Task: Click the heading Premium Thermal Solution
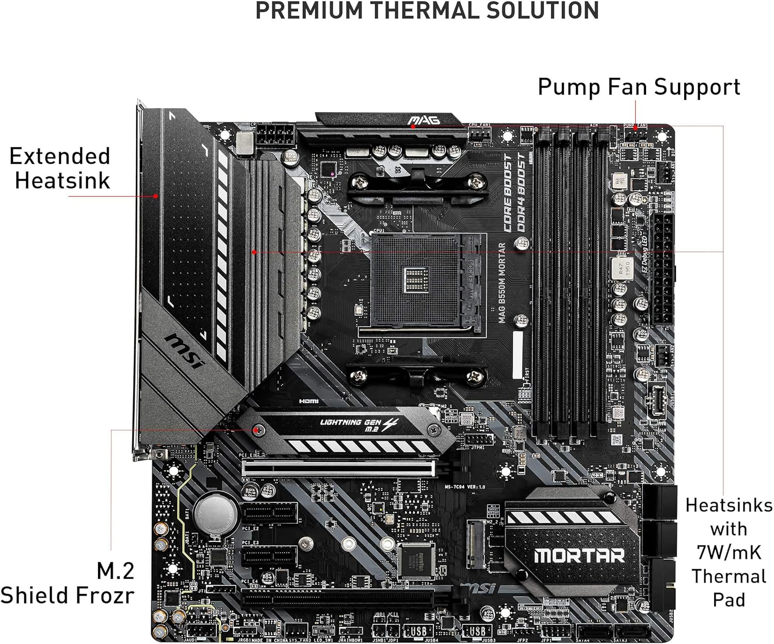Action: click(x=427, y=11)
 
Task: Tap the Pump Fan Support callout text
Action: click(x=639, y=87)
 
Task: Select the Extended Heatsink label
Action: click(x=61, y=168)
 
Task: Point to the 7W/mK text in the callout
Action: click(x=729, y=552)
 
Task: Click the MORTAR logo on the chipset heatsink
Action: click(x=579, y=555)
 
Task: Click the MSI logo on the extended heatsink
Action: click(x=185, y=351)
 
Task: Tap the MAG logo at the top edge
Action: click(x=424, y=121)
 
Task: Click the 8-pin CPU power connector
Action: click(x=275, y=136)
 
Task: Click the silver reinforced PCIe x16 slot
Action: click(x=338, y=469)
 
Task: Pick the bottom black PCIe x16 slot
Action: click(x=338, y=599)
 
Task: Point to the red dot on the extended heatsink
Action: click(x=156, y=196)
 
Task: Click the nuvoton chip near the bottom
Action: click(x=415, y=560)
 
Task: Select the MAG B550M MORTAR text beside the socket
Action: click(x=502, y=283)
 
